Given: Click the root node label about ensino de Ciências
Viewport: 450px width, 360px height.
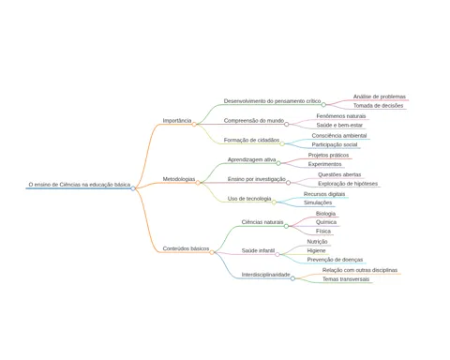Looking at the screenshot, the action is (x=80, y=185).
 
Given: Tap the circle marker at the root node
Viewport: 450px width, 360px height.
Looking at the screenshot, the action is (x=133, y=188).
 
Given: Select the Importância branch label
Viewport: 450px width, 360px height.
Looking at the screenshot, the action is (x=177, y=121).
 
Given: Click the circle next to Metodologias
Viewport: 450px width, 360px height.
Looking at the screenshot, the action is (x=198, y=183).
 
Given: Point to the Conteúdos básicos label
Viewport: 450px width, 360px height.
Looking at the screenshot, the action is (x=186, y=248).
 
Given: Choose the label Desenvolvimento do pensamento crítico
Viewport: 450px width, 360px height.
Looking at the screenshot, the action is (x=272, y=101).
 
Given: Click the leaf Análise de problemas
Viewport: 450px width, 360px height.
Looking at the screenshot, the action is (x=380, y=97).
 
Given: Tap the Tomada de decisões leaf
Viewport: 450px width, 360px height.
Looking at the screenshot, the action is (x=378, y=106).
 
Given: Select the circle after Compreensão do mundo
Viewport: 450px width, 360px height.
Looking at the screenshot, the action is (x=287, y=125).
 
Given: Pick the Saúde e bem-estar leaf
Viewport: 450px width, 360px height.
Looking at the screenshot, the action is (x=339, y=126).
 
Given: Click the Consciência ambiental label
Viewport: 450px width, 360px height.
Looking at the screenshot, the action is (x=339, y=136).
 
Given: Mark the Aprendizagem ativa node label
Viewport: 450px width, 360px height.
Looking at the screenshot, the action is (x=251, y=159).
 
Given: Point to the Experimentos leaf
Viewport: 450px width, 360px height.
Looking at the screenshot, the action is (x=324, y=164).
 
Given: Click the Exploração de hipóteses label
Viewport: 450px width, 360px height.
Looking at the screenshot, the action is (x=348, y=184).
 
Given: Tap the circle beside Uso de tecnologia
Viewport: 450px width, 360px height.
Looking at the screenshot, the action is (x=274, y=202).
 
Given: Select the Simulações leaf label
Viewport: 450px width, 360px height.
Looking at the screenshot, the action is (x=318, y=202).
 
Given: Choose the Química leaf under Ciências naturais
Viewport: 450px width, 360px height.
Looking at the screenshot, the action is (x=326, y=222).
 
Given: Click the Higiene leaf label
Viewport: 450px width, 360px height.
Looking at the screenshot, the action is (x=316, y=250).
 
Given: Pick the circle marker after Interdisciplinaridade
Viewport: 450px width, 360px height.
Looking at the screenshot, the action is (x=292, y=278).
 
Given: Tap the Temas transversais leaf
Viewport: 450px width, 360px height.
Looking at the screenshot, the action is (x=346, y=279).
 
